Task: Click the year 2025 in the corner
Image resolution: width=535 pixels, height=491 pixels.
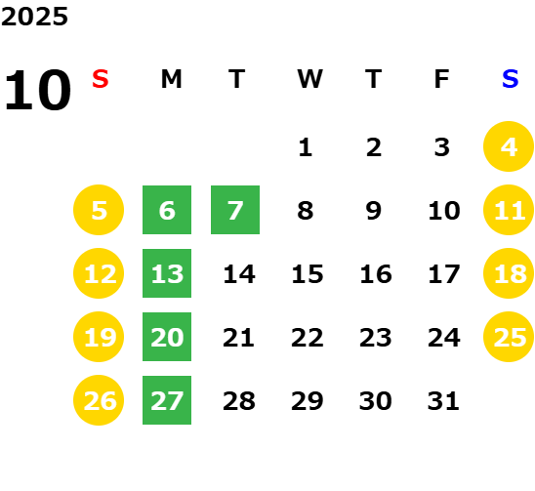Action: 34,17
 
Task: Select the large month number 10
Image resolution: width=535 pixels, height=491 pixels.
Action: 37,90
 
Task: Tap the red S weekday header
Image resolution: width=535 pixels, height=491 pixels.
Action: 101,79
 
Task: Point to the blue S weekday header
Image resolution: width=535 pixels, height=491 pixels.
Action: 511,79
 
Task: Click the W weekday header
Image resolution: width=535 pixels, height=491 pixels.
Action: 309,79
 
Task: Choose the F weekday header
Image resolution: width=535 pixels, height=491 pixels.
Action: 442,79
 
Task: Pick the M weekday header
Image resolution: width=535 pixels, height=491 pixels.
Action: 171,79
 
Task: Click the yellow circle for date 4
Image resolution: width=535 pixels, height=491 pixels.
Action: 509,146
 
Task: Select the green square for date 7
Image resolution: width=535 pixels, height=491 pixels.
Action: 235,210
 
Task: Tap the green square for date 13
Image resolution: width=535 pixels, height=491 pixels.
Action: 167,273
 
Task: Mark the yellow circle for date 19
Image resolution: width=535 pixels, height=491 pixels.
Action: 99,337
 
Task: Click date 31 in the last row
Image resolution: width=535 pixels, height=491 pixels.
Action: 443,400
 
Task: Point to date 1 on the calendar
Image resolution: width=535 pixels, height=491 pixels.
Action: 306,147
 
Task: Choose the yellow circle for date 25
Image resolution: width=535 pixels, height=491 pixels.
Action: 509,337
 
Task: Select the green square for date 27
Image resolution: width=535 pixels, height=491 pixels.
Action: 167,400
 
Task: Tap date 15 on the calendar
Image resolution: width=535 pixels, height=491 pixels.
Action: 308,273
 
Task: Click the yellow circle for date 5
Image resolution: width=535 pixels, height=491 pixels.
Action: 99,210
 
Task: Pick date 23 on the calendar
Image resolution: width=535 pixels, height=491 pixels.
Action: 375,337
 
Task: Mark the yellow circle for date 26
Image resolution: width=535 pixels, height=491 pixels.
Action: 99,400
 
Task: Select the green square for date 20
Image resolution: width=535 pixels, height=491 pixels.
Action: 167,337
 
